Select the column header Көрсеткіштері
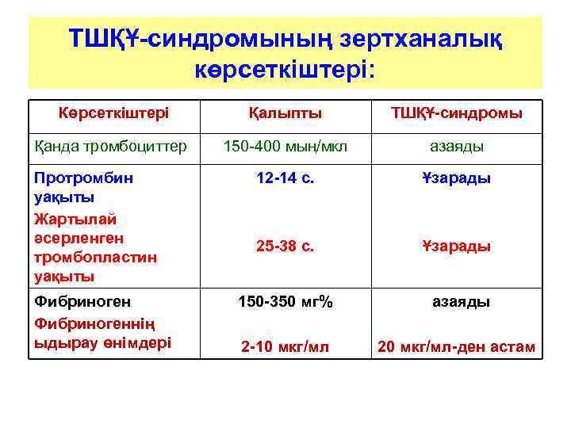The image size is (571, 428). point(113,113)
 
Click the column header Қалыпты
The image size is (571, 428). point(285,113)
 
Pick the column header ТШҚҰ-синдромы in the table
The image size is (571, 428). point(454,113)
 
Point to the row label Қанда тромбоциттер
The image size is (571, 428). point(110,146)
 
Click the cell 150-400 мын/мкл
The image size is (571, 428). point(285,146)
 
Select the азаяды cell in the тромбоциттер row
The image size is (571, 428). point(457,147)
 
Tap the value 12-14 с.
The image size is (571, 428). point(285,178)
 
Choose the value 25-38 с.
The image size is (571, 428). point(285,246)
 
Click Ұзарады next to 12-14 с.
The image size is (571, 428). point(457,178)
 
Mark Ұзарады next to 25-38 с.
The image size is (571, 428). point(457,246)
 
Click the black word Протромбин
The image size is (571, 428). point(83,178)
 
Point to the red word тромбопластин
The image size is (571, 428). point(95,258)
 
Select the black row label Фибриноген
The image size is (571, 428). point(82,301)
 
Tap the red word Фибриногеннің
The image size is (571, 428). point(94,323)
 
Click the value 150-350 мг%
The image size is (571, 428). point(285,301)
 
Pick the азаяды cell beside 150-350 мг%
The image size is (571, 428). point(460,302)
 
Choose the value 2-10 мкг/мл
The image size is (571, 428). point(285,347)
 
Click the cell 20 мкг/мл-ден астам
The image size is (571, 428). point(456,347)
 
